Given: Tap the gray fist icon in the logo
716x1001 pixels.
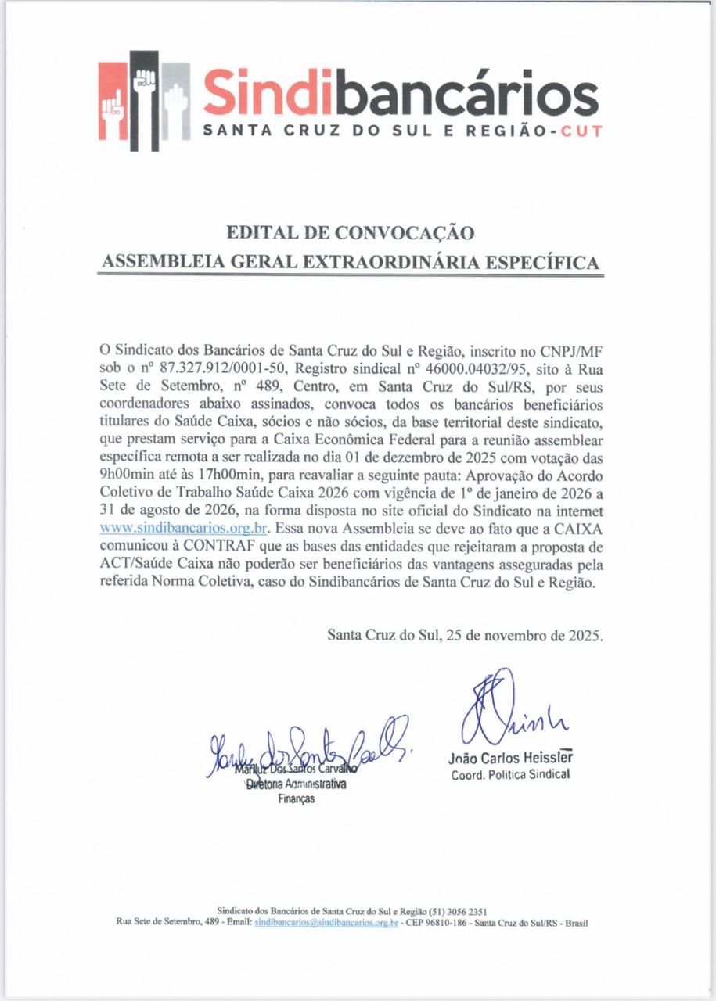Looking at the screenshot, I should coord(175,102).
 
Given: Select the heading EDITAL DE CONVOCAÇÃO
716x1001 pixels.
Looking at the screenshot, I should coord(350,232).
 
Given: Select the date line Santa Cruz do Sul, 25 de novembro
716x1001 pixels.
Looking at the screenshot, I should coord(466,635).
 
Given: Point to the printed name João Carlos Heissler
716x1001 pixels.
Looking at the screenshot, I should coord(511,758).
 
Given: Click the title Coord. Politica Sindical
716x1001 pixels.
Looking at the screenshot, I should coord(511,775).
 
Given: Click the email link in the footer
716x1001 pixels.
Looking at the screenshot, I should coord(327,923).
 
